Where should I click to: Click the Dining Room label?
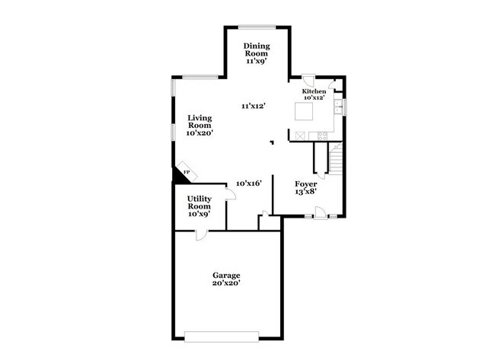coord(256,49)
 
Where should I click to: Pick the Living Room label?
coord(200,122)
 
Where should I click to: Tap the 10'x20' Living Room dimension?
coord(200,132)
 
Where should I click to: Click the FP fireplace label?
coord(185,173)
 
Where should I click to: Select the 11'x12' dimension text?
coord(254,106)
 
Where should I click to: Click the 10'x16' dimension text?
coord(248,183)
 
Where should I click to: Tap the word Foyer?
coord(305,184)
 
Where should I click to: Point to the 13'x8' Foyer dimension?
coord(305,192)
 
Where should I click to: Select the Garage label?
coord(226,275)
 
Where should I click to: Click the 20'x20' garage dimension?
coord(226,283)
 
